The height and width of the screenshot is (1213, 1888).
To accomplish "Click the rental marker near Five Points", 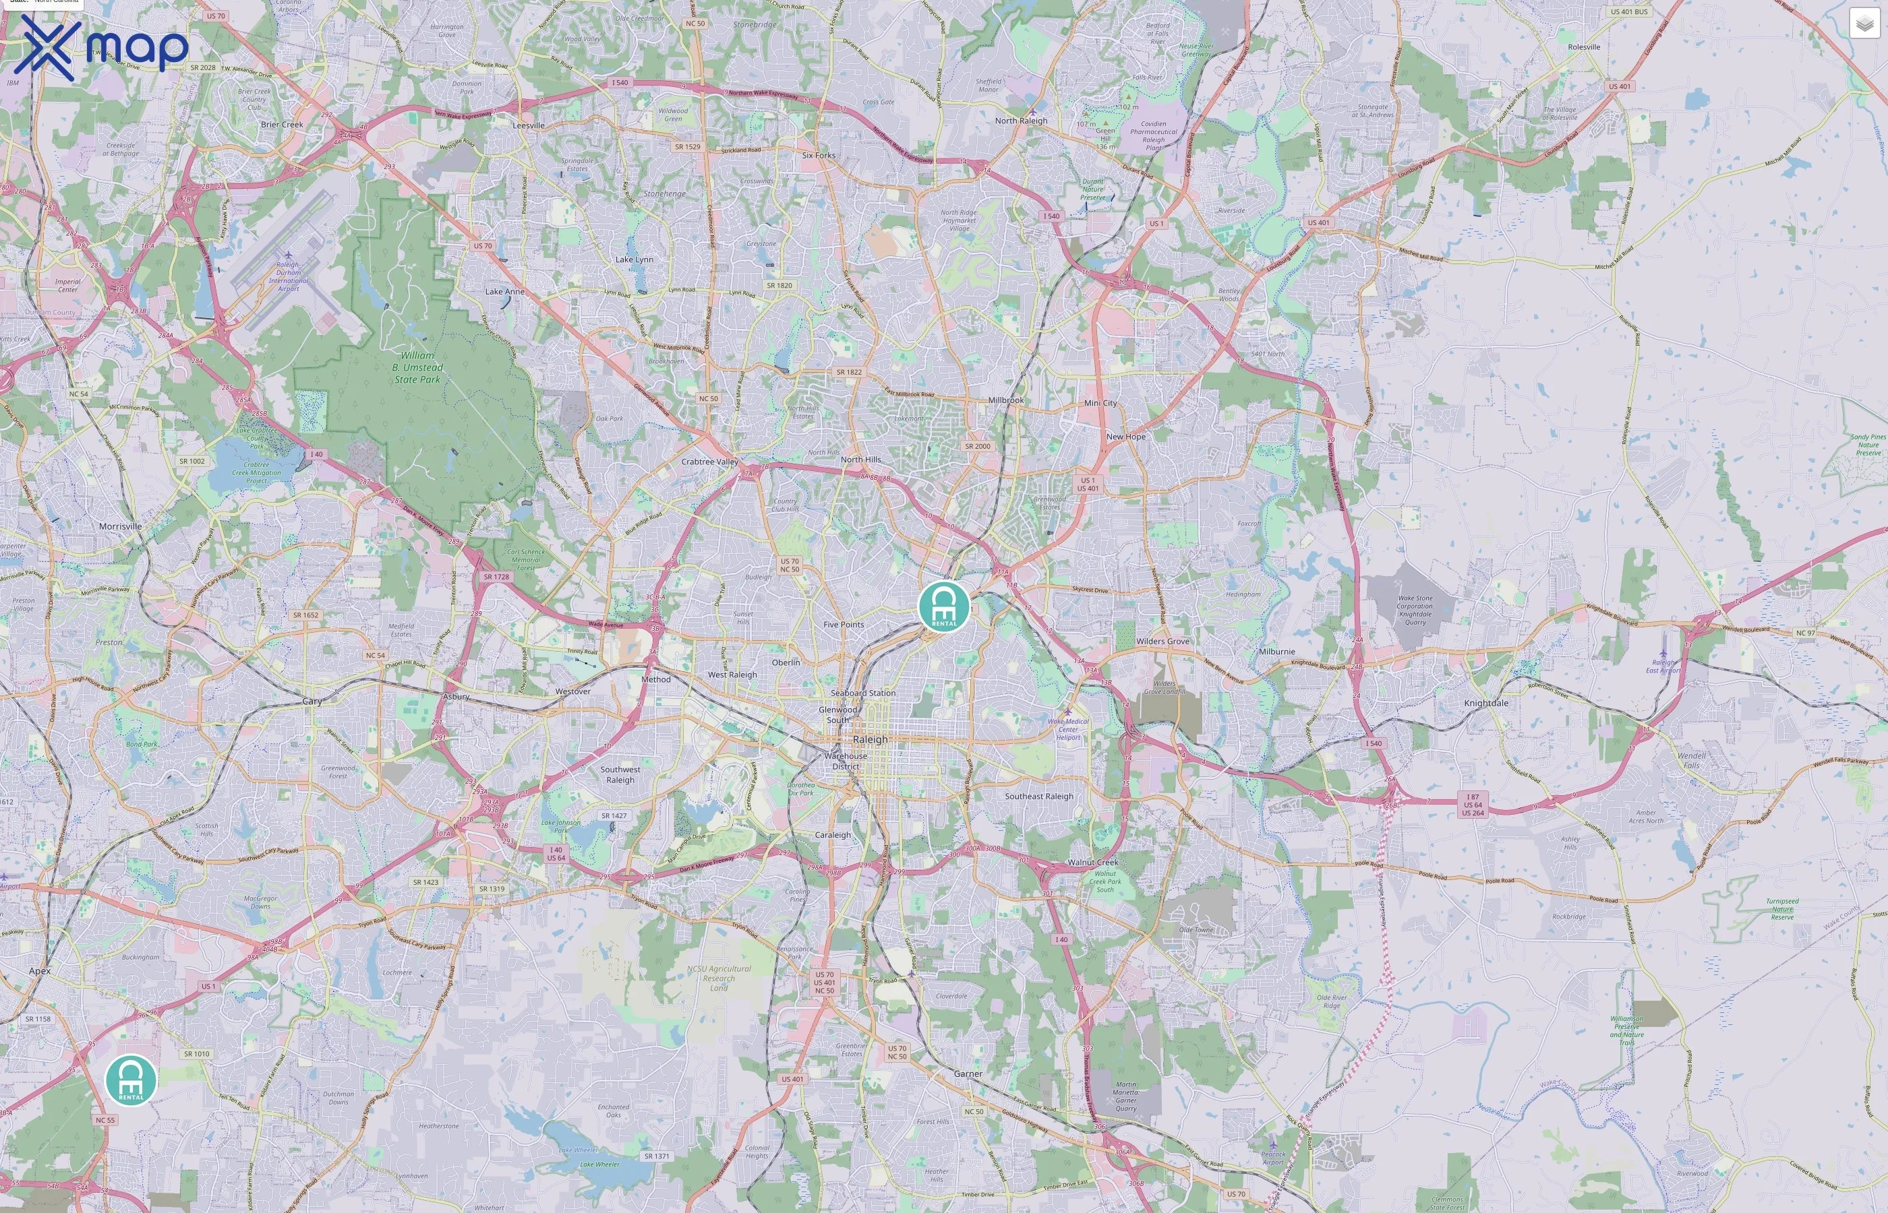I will (944, 606).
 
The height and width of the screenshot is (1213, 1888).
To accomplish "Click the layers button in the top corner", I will (1864, 24).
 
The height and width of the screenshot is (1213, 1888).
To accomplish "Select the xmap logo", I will (101, 47).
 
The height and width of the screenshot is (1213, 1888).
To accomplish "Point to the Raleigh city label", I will (870, 740).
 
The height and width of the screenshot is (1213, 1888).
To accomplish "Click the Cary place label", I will (312, 701).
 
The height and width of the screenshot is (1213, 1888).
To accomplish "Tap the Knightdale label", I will (1486, 704).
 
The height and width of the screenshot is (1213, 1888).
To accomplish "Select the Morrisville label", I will (121, 526).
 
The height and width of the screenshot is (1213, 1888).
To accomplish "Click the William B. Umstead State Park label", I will (417, 367).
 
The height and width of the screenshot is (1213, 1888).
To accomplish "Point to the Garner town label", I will (968, 1074).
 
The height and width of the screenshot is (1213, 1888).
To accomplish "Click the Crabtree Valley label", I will (709, 462).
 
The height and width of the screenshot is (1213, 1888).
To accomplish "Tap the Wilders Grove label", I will (1162, 641).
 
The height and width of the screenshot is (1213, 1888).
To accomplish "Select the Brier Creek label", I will (281, 125).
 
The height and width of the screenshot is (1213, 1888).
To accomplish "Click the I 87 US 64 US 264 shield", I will (1472, 804).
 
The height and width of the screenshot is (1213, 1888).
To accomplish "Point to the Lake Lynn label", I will (634, 259).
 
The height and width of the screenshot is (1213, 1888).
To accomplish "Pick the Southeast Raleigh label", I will (1038, 797).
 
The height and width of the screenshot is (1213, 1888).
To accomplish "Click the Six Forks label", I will (818, 155).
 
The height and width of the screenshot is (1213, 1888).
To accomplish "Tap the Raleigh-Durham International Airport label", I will (289, 276).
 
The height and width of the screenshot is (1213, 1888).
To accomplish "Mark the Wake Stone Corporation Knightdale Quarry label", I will (1415, 610).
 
